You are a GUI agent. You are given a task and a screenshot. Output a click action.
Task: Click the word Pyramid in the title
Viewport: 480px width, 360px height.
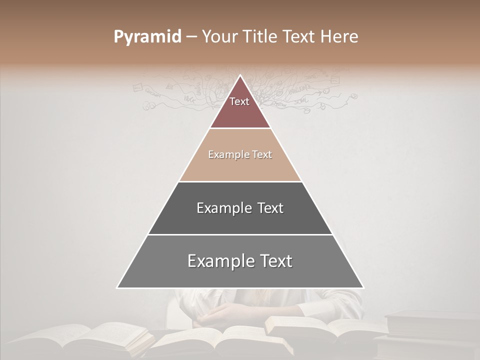147,37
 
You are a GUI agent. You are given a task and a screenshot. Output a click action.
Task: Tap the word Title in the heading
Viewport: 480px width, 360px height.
262,37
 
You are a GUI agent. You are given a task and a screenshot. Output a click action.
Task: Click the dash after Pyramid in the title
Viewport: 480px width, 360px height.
191,37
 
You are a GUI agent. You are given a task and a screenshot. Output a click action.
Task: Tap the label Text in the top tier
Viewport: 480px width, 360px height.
239,101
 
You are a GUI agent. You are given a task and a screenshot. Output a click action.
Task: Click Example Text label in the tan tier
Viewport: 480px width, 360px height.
240,154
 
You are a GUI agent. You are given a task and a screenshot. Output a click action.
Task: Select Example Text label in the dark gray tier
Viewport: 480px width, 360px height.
240,208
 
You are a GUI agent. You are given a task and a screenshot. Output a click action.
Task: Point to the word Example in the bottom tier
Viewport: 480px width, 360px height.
220,261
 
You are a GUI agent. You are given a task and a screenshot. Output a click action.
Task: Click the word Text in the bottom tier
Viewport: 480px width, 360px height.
276,261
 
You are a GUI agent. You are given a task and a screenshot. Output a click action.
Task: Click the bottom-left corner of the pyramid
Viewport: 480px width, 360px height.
118,287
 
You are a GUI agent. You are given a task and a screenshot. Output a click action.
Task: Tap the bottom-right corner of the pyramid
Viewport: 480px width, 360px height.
363,287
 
